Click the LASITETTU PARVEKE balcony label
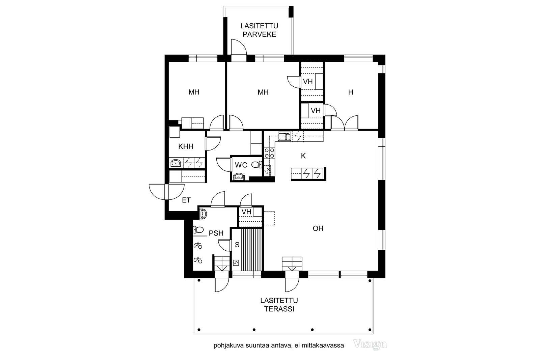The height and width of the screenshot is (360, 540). (259, 30)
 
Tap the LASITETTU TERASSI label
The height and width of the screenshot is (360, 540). (279, 305)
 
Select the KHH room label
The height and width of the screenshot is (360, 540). (186, 146)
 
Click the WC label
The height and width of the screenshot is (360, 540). (241, 165)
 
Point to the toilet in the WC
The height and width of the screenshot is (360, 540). (257, 165)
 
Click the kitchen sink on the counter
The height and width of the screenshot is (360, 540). (285, 136)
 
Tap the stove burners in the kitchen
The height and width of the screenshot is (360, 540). (270, 153)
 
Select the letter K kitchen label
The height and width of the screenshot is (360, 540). (303, 156)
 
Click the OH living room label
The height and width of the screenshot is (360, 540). (318, 228)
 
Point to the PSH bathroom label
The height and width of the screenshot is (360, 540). (216, 233)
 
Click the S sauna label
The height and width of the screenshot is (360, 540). (237, 245)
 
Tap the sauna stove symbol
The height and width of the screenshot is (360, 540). (236, 262)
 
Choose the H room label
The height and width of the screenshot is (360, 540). (351, 92)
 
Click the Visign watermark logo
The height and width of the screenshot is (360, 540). (370, 344)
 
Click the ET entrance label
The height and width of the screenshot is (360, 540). (186, 200)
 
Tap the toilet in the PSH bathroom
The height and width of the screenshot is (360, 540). (198, 230)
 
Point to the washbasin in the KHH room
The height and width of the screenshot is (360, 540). (175, 163)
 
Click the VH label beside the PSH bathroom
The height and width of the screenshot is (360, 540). (246, 212)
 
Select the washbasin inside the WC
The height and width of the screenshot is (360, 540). (239, 177)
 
